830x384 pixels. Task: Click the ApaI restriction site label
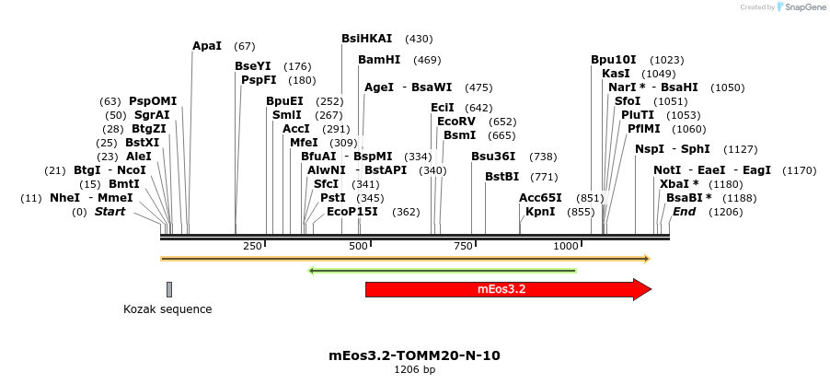[207, 46]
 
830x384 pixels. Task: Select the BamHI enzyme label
[379, 60]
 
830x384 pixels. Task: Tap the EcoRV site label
[456, 122]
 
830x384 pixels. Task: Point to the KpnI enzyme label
[540, 212]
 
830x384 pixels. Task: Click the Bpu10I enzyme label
[615, 60]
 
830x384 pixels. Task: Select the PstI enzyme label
[333, 198]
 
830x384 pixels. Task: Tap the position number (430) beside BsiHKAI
[419, 39]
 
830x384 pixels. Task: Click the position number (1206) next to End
[725, 212]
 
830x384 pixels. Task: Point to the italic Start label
[110, 212]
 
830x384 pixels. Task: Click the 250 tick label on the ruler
[253, 247]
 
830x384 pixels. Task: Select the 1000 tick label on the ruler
[566, 247]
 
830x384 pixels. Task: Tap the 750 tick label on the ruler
[463, 247]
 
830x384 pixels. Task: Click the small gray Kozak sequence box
[169, 289]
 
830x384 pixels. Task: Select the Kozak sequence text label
[167, 309]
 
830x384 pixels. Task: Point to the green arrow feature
[442, 271]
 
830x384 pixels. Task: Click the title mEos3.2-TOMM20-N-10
[415, 355]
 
